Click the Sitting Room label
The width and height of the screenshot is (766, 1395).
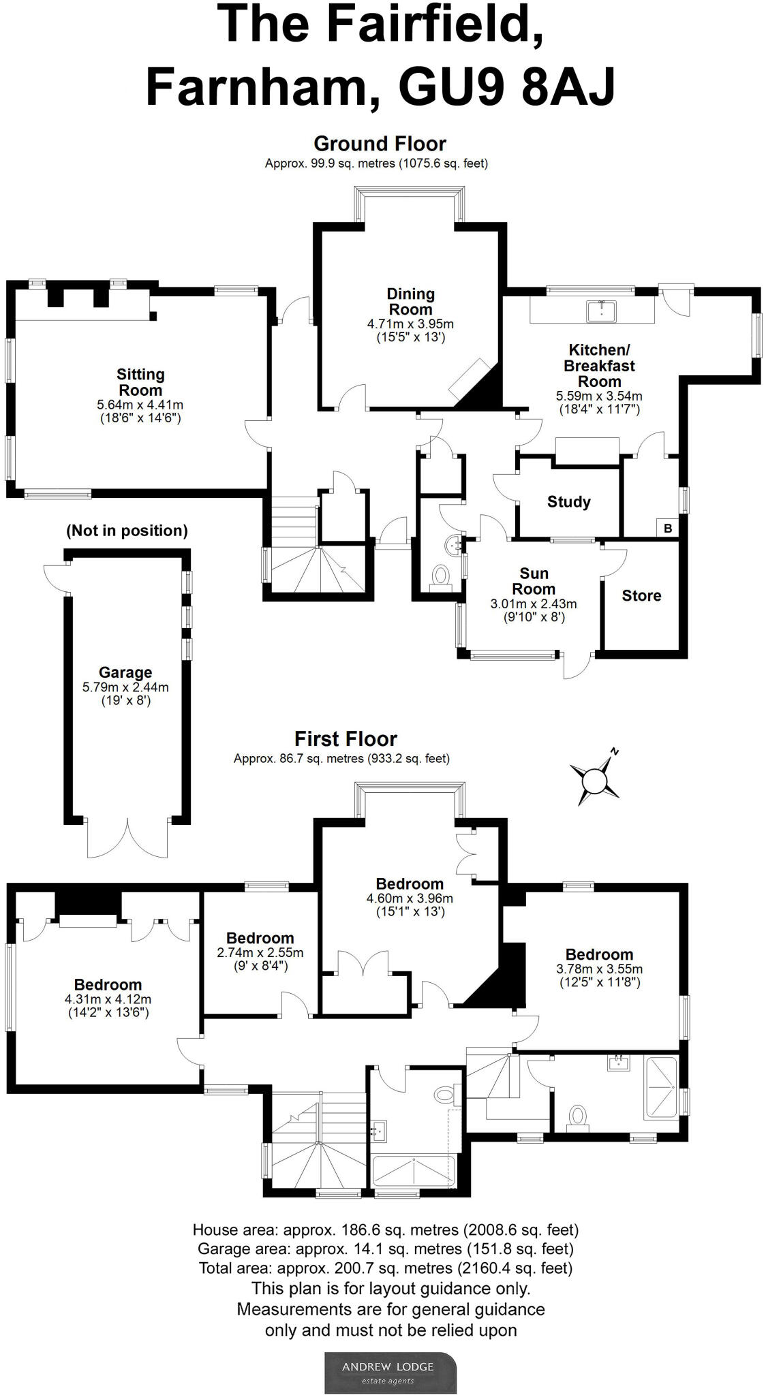point(140,382)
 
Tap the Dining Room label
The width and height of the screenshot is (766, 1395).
point(410,301)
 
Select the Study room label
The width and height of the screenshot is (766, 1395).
point(568,502)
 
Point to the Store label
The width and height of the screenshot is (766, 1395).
point(641,595)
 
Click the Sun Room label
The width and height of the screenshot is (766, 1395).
point(534,581)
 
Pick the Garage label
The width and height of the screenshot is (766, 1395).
point(125,672)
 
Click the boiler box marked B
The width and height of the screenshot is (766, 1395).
point(668,528)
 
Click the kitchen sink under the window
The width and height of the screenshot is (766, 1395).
point(602,311)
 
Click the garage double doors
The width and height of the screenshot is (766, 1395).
point(127,837)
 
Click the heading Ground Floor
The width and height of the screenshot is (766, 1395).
point(380,144)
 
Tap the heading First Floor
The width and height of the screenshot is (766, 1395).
point(346,739)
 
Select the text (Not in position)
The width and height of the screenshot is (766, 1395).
point(127,531)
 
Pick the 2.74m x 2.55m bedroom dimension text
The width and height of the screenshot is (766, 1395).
point(260,953)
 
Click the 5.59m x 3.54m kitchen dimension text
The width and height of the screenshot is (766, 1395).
point(599,396)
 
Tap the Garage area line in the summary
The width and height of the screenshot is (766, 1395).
point(386,1249)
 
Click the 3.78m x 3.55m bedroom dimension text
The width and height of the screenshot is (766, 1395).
point(599,969)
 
